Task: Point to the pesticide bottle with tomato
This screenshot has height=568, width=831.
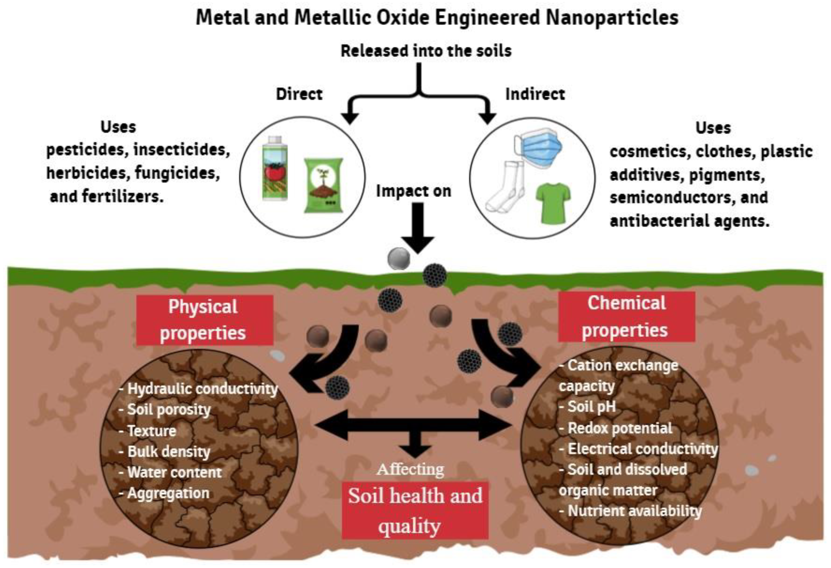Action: pos(275,168)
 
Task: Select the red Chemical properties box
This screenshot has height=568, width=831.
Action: pos(627,316)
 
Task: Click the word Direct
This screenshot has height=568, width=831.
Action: pos(299,94)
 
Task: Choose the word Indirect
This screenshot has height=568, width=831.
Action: pos(535,94)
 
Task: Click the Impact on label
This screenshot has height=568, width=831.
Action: pos(413,191)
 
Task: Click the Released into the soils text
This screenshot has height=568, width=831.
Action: pos(426,51)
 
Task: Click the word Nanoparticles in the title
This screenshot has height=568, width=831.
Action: pos(612,17)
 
